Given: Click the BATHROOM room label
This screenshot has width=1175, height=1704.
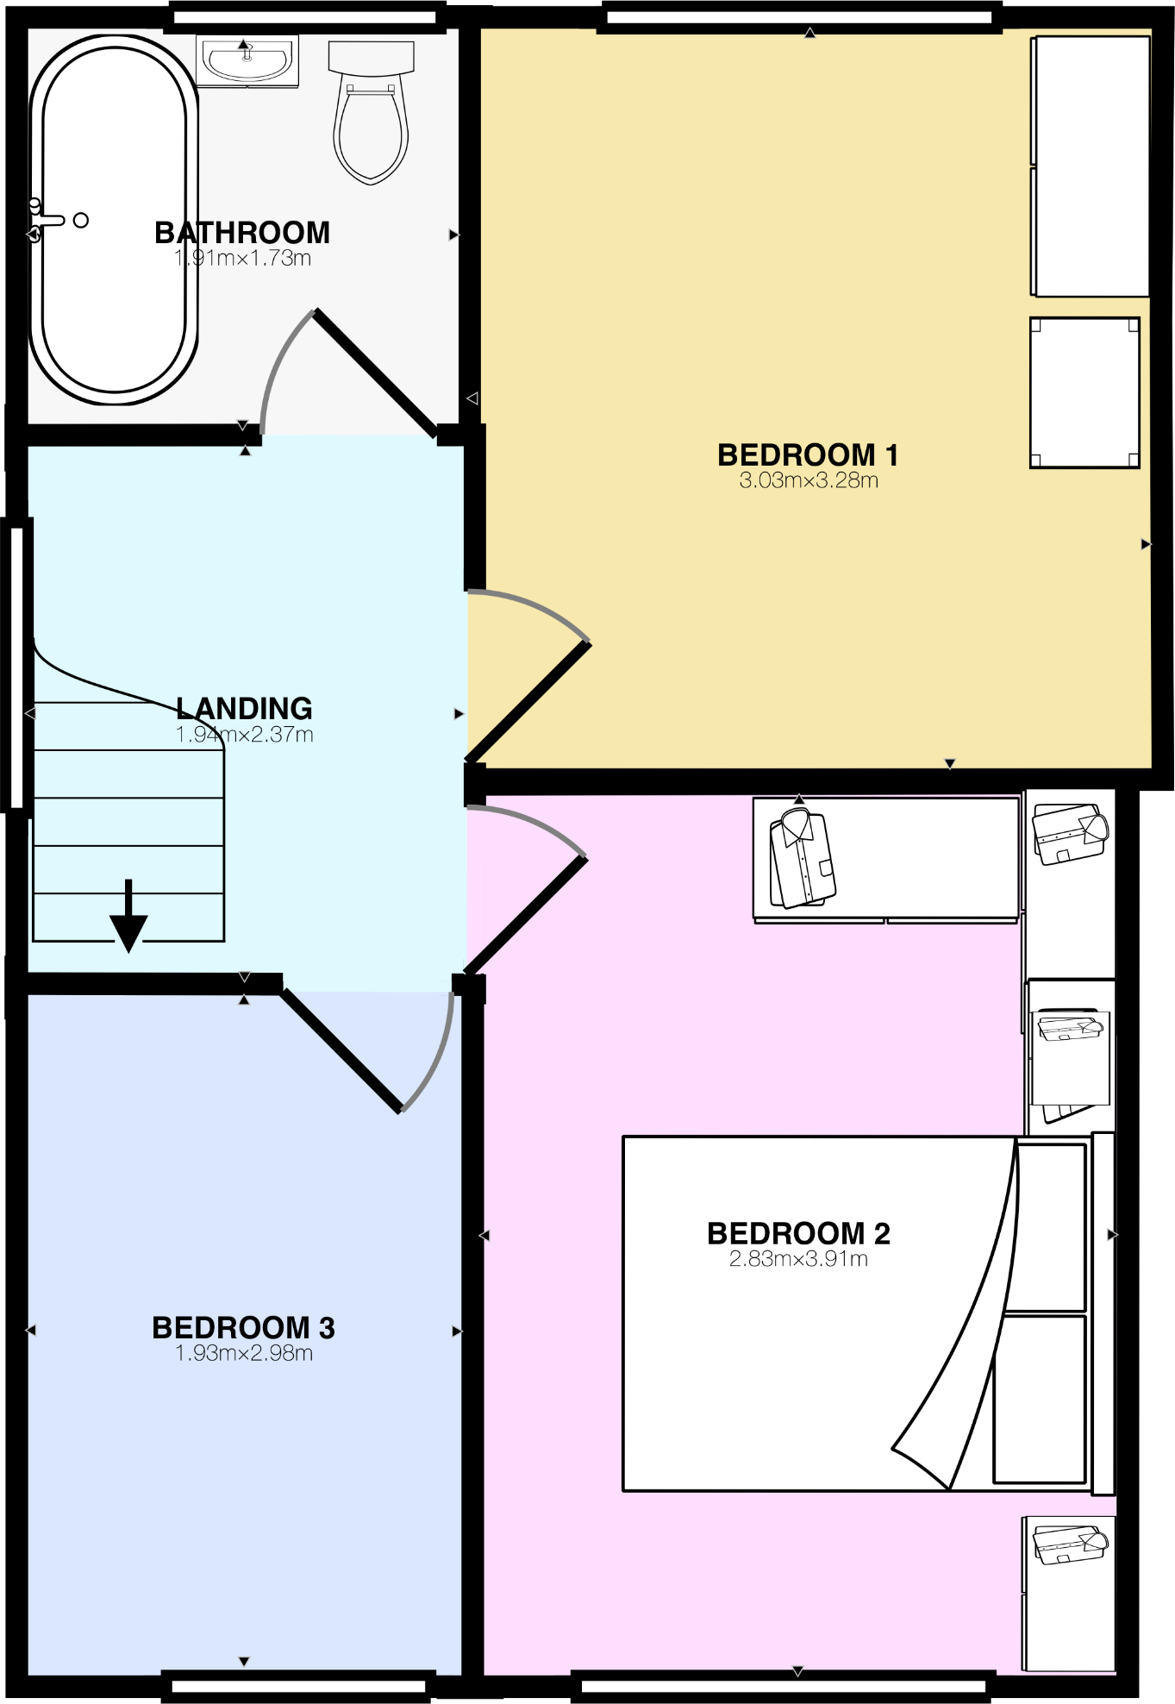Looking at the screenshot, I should [x=242, y=233].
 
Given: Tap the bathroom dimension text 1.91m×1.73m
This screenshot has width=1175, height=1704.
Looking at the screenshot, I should [x=242, y=258].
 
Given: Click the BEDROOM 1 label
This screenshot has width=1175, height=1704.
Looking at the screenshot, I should [x=808, y=454].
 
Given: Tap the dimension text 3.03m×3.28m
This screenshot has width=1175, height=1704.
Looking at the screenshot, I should [x=808, y=480].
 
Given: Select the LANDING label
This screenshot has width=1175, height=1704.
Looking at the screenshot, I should [x=244, y=708].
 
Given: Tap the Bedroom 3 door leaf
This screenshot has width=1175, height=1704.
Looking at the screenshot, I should [x=341, y=1051].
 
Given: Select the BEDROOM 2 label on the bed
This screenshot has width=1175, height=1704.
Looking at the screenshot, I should [x=798, y=1233].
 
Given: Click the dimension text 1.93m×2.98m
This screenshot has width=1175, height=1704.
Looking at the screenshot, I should [x=244, y=1353].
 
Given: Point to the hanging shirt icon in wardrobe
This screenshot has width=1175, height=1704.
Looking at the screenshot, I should [x=802, y=859].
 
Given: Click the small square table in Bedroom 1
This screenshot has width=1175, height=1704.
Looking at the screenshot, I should [x=1084, y=392].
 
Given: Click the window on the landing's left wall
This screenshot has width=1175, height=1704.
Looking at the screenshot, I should [x=16, y=664].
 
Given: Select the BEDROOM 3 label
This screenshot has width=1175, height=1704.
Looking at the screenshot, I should [x=243, y=1327].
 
